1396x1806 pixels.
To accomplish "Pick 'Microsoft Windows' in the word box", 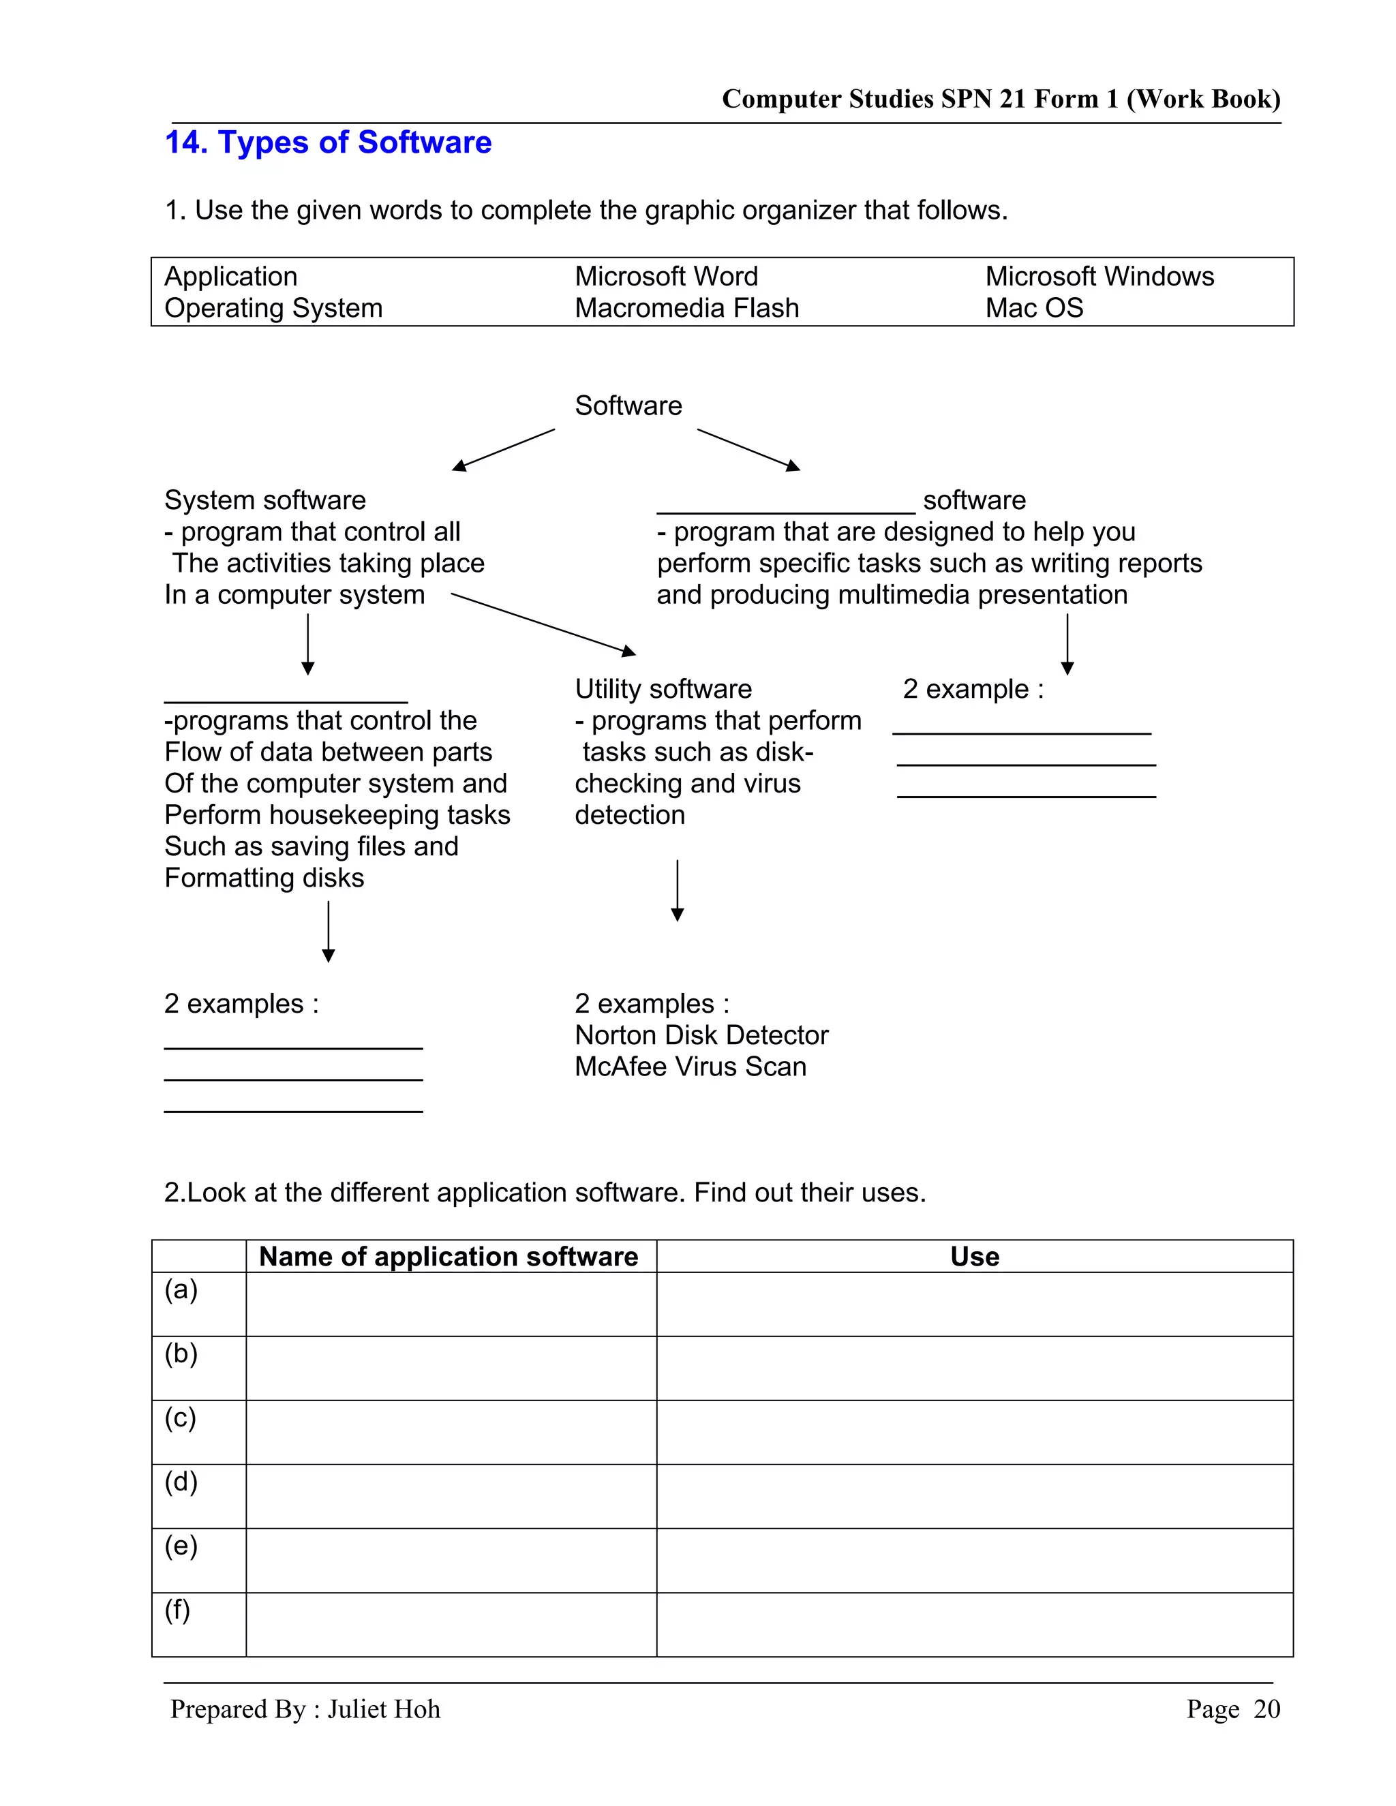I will [1099, 276].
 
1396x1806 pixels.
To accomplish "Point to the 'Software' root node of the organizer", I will [628, 405].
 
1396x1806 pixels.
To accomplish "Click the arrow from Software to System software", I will [503, 450].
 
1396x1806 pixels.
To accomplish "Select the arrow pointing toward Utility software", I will [543, 624].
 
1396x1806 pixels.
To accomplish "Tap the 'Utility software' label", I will [663, 689].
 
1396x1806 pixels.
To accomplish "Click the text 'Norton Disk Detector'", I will [701, 1035].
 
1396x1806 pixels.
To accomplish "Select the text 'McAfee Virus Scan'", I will [690, 1066].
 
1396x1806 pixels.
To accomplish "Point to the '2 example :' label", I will [973, 689].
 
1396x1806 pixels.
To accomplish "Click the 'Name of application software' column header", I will [449, 1256].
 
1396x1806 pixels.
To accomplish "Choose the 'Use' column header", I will [974, 1256].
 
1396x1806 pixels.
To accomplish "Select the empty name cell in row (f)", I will [451, 1624].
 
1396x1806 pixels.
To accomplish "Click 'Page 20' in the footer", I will [1232, 1709].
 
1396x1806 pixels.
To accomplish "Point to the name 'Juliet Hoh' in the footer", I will [384, 1709].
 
